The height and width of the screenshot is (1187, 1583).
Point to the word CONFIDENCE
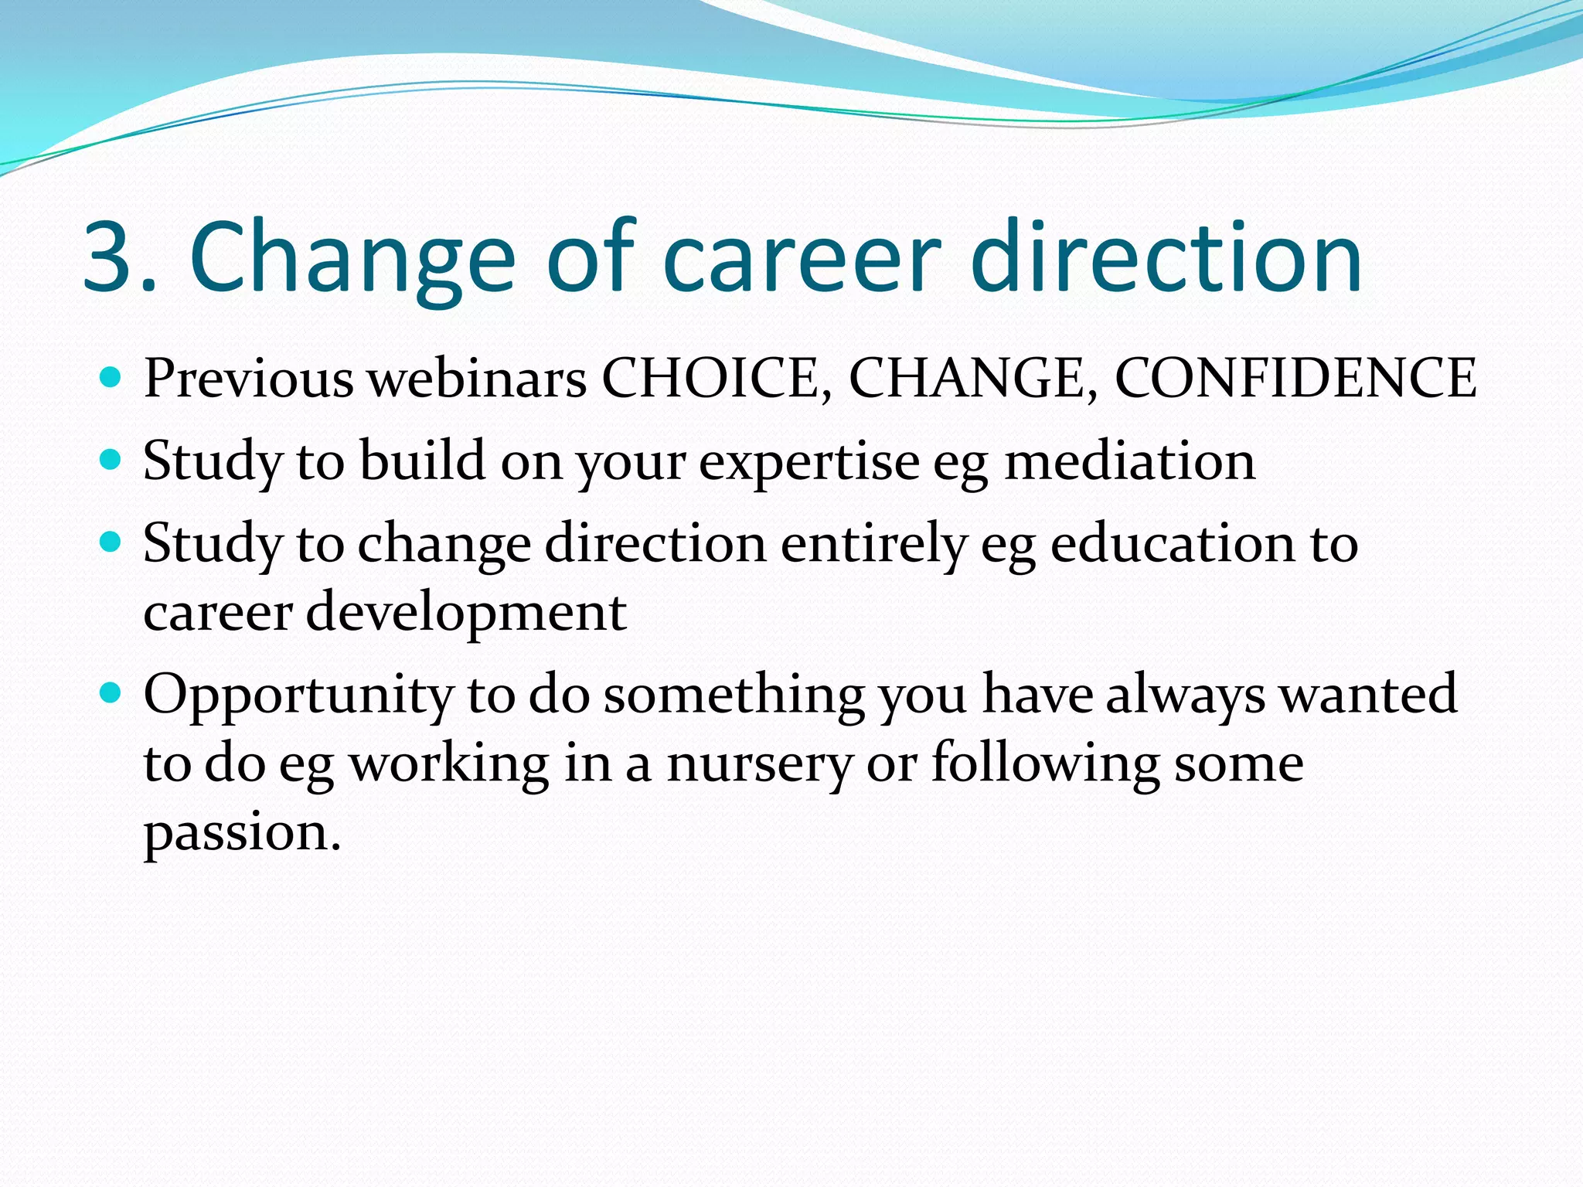pyautogui.click(x=1295, y=379)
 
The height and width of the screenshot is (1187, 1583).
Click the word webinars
pyautogui.click(x=476, y=379)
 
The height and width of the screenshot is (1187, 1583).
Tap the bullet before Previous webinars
pyautogui.click(x=111, y=377)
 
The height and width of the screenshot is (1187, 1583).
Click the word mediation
pyautogui.click(x=1129, y=461)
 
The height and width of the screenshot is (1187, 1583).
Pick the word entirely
pyautogui.click(x=873, y=544)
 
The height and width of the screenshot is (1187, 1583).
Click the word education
pyautogui.click(x=1172, y=543)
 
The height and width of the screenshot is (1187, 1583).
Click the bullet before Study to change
pyautogui.click(x=111, y=542)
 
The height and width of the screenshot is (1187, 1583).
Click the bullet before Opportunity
pyautogui.click(x=111, y=692)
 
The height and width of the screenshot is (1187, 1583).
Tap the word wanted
pyautogui.click(x=1367, y=693)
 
